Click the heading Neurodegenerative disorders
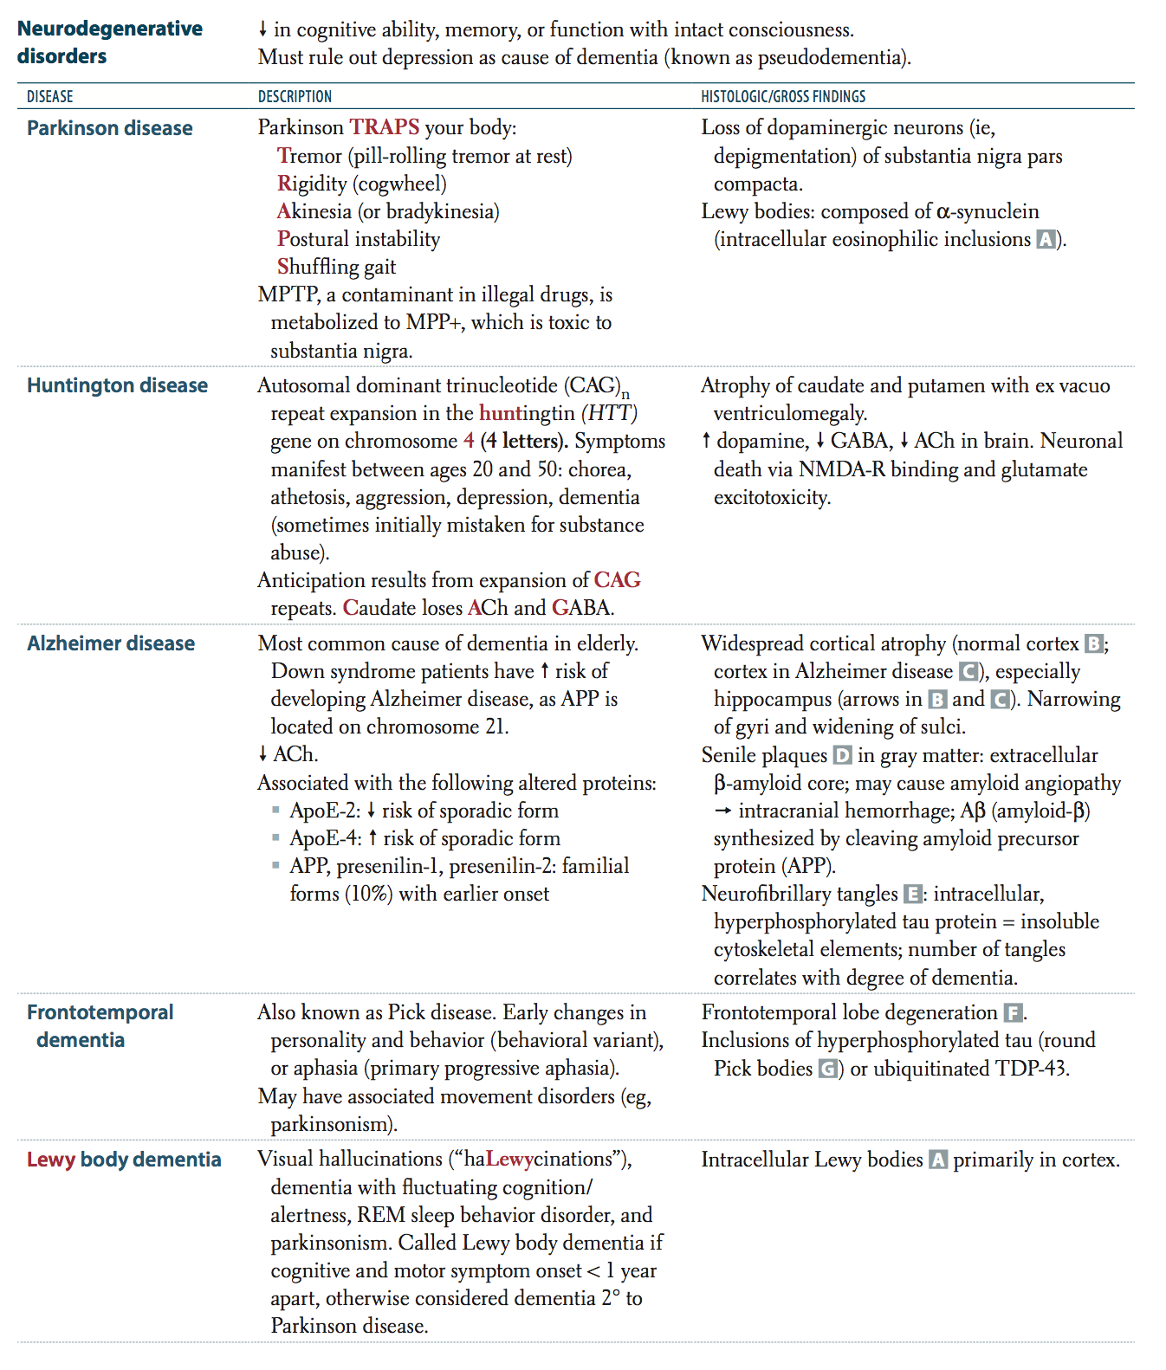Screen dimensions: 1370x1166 [x=109, y=42]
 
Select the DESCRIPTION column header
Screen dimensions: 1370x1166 [x=295, y=96]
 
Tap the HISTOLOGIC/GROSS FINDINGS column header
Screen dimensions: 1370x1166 [x=783, y=96]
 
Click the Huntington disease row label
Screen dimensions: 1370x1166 [x=117, y=385]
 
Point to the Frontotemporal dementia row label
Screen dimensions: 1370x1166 [x=100, y=1026]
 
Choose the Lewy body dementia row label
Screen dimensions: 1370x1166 [x=124, y=1160]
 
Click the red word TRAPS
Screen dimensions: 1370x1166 [x=385, y=127]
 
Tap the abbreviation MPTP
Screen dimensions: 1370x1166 [x=288, y=294]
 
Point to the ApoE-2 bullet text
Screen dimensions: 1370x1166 [x=325, y=811]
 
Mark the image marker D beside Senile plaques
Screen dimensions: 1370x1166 [x=842, y=755]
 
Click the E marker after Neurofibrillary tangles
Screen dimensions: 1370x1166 [x=912, y=894]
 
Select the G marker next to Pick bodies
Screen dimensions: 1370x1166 [x=828, y=1069]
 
